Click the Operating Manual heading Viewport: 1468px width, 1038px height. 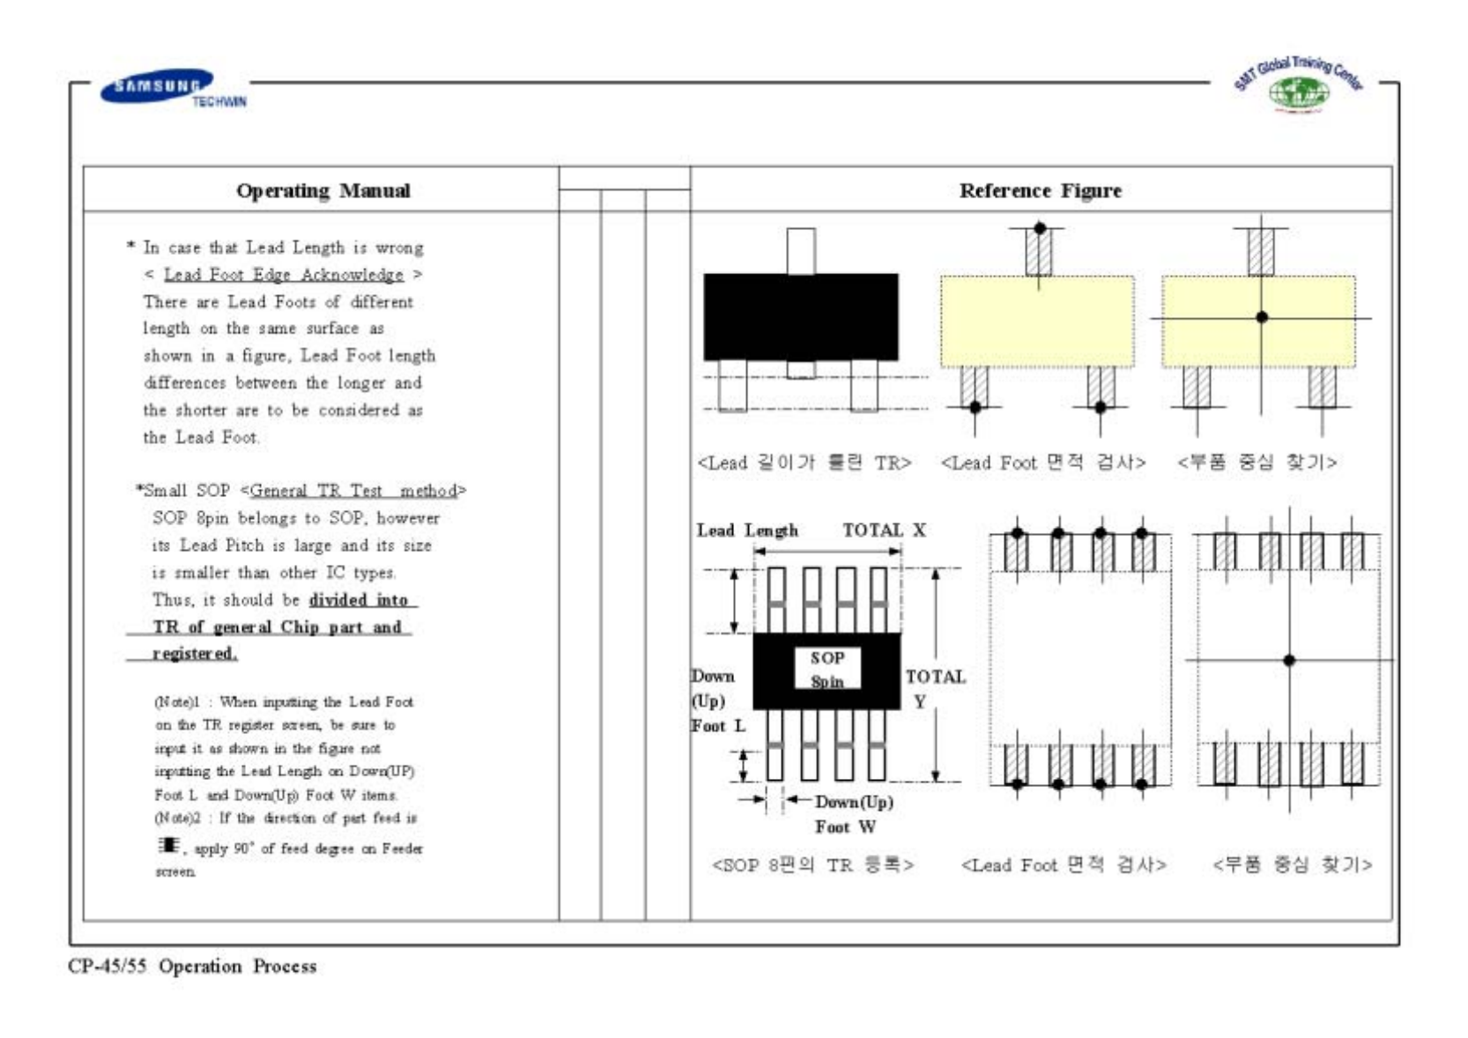tap(323, 191)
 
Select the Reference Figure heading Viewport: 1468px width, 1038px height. tap(1040, 191)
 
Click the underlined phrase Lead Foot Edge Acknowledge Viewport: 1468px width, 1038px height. tap(283, 275)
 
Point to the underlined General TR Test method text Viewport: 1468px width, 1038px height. tap(353, 491)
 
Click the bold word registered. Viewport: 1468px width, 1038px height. tap(194, 654)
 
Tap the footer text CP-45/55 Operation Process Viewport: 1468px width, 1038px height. tap(192, 967)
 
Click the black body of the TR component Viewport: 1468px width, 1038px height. tap(800, 316)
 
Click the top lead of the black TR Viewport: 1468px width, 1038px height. tap(800, 250)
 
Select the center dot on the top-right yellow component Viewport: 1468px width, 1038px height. tap(1262, 317)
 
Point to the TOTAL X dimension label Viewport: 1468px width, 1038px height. tap(884, 530)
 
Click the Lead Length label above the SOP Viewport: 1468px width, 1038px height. tap(747, 530)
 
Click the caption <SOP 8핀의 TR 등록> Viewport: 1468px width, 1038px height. tap(812, 865)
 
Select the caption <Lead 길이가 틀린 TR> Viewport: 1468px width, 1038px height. tap(804, 463)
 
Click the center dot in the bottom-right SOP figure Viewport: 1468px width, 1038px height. tap(1289, 660)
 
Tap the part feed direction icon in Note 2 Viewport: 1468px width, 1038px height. tap(168, 845)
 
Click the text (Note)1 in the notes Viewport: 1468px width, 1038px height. tap(177, 702)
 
